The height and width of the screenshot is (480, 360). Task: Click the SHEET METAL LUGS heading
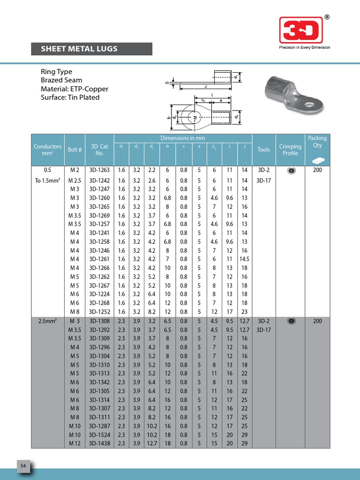79,49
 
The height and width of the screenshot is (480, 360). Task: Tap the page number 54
23,465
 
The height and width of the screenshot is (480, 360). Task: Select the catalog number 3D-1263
99,170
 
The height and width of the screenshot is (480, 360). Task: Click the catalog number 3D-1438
99,443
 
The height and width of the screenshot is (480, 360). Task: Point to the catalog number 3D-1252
99,311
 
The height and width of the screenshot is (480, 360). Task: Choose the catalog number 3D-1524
99,434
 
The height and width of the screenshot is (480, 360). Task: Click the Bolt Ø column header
75,149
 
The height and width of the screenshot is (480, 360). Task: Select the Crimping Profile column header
290,150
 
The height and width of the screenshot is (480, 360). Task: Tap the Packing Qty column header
317,142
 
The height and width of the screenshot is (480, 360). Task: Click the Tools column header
263,149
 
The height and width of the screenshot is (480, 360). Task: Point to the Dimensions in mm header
183,138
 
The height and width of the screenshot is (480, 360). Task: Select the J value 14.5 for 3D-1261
244,259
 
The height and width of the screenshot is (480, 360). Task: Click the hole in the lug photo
310,105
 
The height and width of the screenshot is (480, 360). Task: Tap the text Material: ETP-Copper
75,89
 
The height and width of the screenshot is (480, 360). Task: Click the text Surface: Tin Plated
70,97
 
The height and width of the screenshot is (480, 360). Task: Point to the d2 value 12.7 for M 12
152,443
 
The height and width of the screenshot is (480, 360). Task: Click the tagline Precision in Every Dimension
304,47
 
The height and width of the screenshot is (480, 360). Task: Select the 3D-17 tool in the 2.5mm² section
263,330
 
